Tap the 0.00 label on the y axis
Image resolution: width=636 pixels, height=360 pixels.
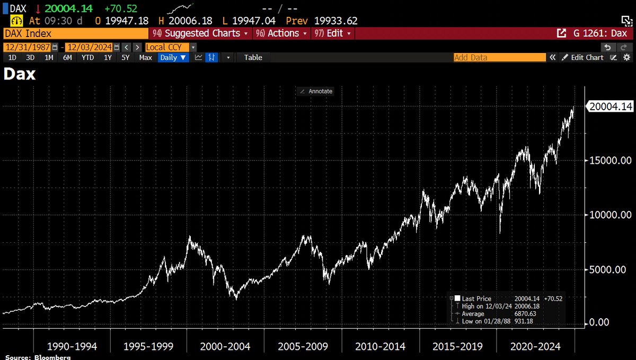599,322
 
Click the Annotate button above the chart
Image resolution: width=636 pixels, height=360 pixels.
316,91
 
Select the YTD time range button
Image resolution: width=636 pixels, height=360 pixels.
87,57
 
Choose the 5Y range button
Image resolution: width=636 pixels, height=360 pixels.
125,57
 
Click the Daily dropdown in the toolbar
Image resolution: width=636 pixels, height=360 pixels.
173,57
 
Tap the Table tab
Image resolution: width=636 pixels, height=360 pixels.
253,57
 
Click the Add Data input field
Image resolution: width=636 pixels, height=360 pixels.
499,57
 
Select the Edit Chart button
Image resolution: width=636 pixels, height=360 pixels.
583,57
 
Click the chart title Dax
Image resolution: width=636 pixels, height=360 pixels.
20,75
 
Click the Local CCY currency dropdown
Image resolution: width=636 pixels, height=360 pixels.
166,47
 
